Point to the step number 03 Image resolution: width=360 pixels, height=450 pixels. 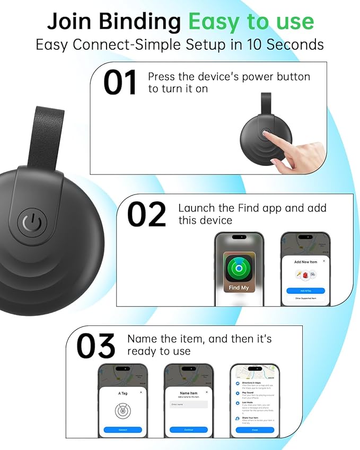(x=95, y=346)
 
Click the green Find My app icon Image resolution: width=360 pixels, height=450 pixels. (x=238, y=268)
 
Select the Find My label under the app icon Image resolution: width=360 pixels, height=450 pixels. (x=238, y=288)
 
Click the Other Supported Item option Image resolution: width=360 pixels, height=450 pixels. (x=305, y=298)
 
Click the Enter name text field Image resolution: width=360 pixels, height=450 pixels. (x=189, y=404)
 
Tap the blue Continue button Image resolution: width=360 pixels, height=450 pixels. (x=189, y=429)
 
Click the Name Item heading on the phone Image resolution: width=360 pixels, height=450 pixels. (x=189, y=393)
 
